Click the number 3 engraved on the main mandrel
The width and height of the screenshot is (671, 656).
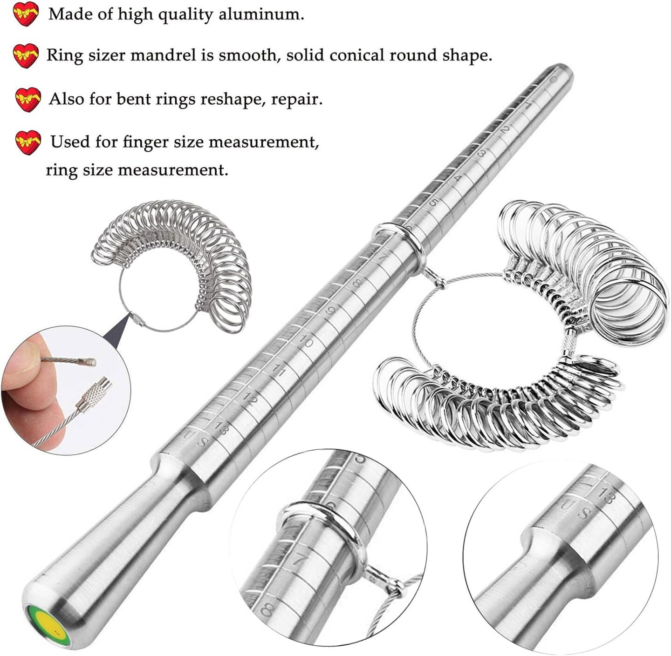point(482,154)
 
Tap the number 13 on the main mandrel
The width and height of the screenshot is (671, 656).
point(221,428)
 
